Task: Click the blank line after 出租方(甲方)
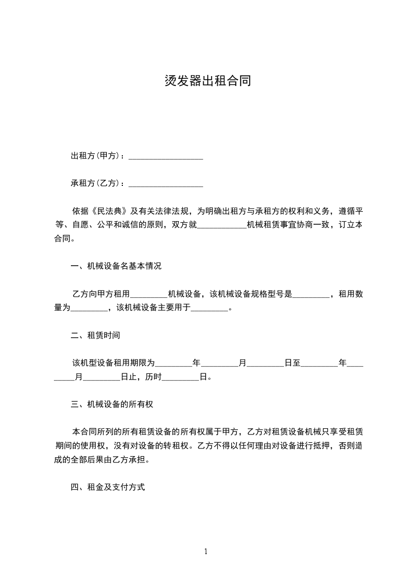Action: [x=165, y=156]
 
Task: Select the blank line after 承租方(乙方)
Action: [x=165, y=183]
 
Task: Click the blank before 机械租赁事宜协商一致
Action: [x=222, y=225]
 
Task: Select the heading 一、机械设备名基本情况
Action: [x=116, y=267]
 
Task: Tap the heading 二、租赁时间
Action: [x=95, y=336]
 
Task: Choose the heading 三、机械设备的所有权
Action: [x=112, y=404]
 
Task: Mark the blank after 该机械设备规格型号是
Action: [x=311, y=294]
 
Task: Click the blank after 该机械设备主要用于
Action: [x=210, y=308]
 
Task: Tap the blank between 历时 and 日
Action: [x=180, y=377]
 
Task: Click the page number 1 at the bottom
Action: [x=206, y=551]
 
